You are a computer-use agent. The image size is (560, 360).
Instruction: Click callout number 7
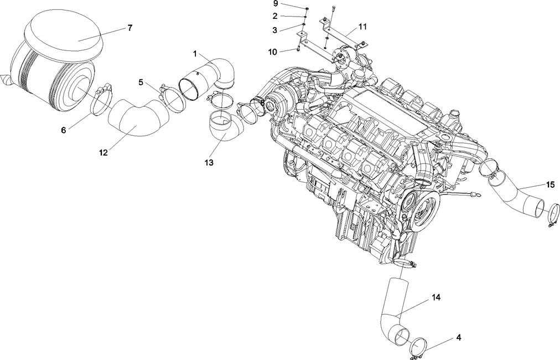pyautogui.click(x=129, y=28)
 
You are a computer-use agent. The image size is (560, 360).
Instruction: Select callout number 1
pyautogui.click(x=195, y=53)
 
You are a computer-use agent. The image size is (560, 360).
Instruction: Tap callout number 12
pyautogui.click(x=103, y=152)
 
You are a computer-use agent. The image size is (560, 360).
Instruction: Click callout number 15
pyautogui.click(x=550, y=184)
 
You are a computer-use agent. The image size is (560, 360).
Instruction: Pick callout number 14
pyautogui.click(x=436, y=297)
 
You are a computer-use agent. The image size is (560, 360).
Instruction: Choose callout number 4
pyautogui.click(x=458, y=337)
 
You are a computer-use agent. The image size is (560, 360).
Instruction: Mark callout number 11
pyautogui.click(x=362, y=27)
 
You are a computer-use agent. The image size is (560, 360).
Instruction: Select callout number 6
pyautogui.click(x=64, y=130)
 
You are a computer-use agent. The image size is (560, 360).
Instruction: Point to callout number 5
pyautogui.click(x=141, y=83)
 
